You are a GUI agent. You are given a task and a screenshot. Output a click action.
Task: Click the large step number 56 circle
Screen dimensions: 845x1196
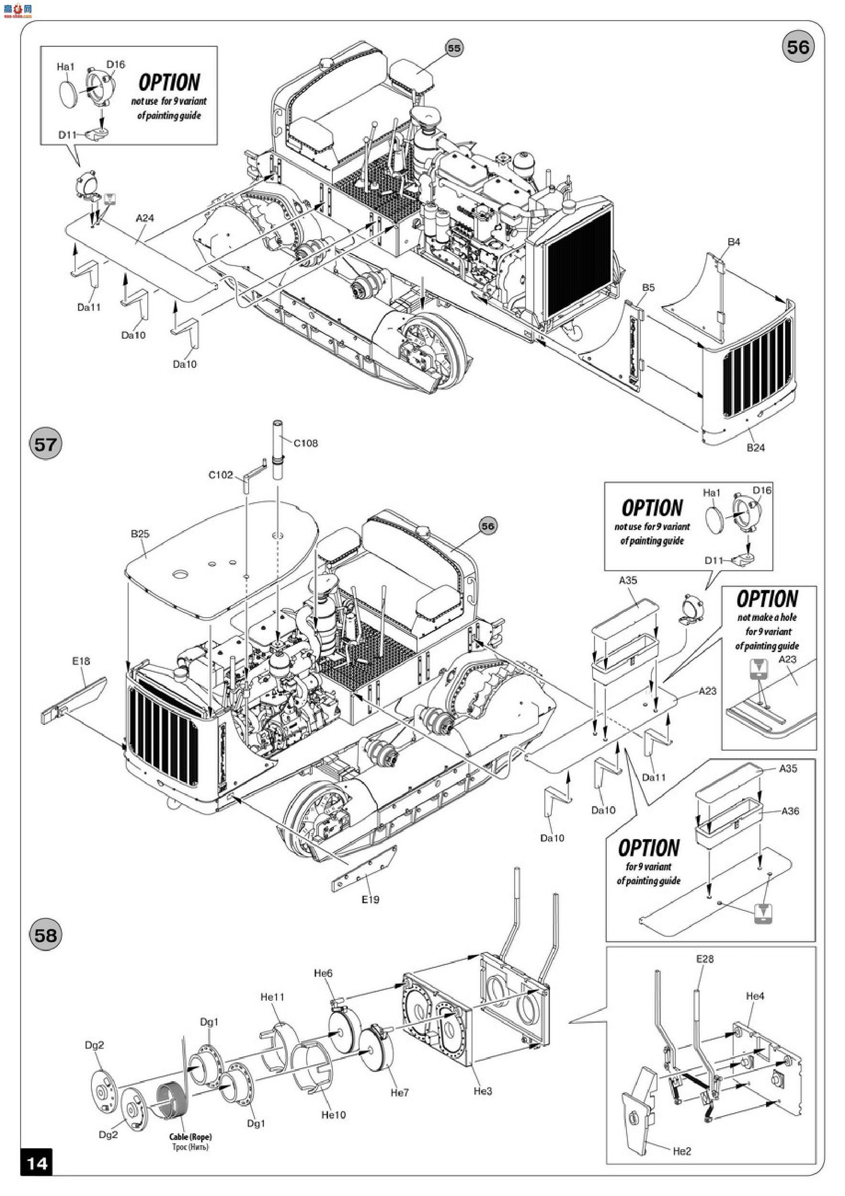pos(798,47)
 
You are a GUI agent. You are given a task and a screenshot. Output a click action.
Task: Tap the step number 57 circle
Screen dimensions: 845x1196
pos(45,444)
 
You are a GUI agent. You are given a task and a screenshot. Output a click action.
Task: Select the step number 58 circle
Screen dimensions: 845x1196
pos(45,935)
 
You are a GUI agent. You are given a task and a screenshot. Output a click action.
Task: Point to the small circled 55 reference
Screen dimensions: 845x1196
pos(454,48)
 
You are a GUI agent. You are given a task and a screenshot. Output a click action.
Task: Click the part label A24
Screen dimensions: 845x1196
pos(145,218)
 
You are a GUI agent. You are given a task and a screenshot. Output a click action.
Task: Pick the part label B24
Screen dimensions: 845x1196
pos(756,448)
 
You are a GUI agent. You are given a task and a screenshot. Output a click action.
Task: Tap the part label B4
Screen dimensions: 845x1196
pos(734,242)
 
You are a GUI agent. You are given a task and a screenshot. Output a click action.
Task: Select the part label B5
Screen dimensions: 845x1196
pos(648,288)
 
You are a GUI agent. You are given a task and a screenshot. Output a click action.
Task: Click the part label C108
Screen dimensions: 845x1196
pos(306,443)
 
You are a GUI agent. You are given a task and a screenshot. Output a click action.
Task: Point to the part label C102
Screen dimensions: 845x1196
pos(221,475)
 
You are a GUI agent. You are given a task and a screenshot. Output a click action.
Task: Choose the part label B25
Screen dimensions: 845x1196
pos(140,534)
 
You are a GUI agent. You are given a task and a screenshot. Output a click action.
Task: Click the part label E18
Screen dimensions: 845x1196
pos(81,661)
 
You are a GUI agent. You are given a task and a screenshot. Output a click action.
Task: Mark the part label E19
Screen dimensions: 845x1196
pos(370,899)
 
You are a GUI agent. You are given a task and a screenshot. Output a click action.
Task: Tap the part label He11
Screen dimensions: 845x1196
pos(272,997)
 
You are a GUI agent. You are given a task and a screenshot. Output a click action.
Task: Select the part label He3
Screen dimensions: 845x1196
pos(483,1091)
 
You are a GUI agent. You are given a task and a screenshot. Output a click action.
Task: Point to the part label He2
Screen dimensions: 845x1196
pos(681,1151)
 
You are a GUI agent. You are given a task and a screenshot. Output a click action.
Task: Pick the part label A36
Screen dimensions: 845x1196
pos(790,811)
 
